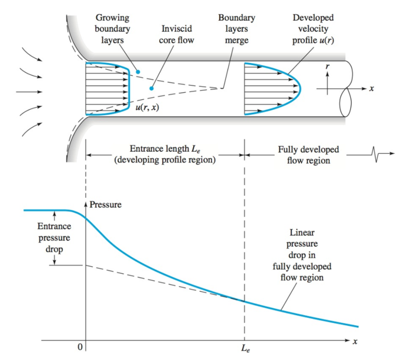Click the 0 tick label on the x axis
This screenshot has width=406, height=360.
click(79, 348)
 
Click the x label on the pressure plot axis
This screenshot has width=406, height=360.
click(355, 342)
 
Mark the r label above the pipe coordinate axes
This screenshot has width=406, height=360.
click(328, 66)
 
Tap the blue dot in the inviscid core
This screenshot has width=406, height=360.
click(151, 89)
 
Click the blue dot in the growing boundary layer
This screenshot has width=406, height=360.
click(137, 72)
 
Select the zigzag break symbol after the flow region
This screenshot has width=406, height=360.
click(375, 154)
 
